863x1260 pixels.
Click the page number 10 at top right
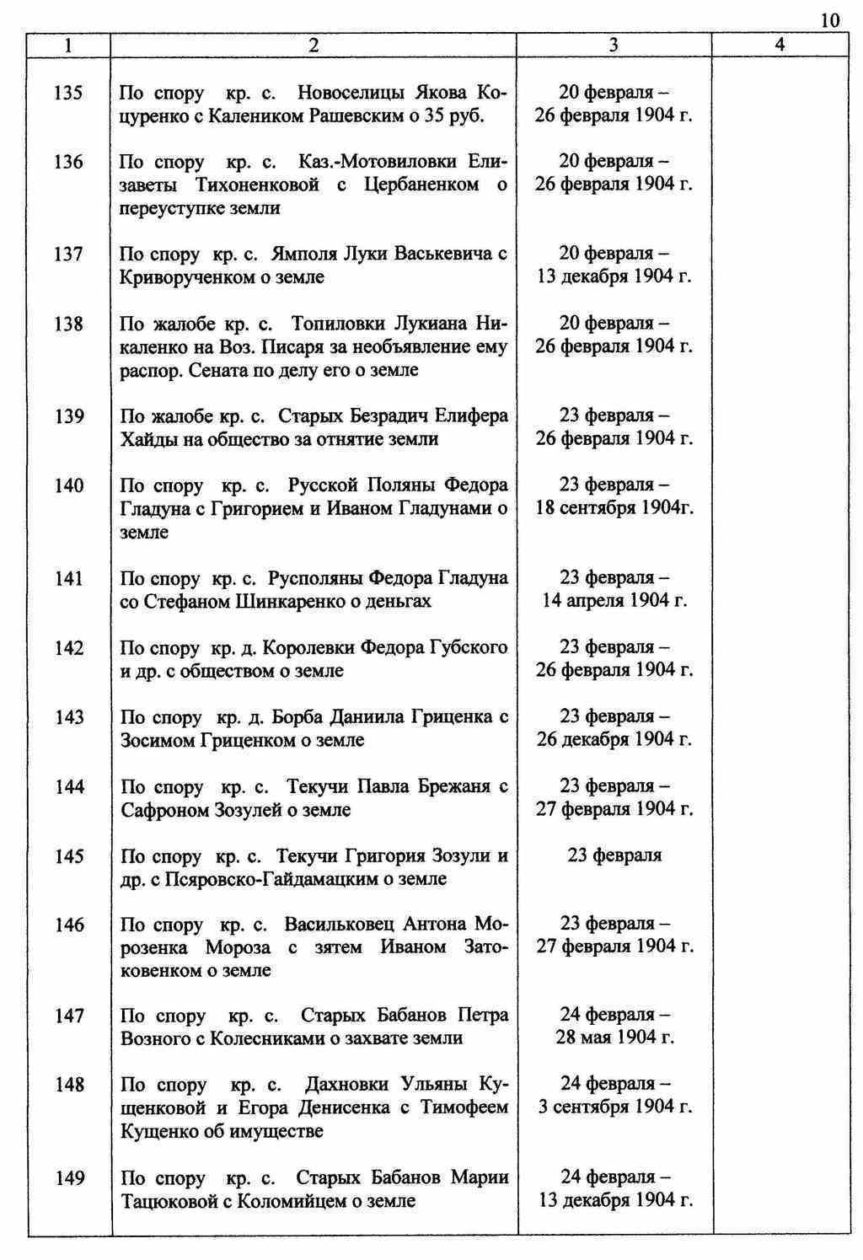point(829,20)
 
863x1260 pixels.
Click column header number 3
point(613,46)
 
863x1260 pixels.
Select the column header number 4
point(780,46)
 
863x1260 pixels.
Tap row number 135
point(68,93)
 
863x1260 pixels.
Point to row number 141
point(68,578)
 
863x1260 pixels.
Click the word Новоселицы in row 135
point(346,93)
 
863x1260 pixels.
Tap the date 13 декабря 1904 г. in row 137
point(614,276)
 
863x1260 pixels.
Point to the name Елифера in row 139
point(474,416)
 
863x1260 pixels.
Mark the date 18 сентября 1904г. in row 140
point(614,508)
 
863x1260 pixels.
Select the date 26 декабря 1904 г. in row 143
point(614,739)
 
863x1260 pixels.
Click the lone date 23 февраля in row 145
point(614,855)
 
